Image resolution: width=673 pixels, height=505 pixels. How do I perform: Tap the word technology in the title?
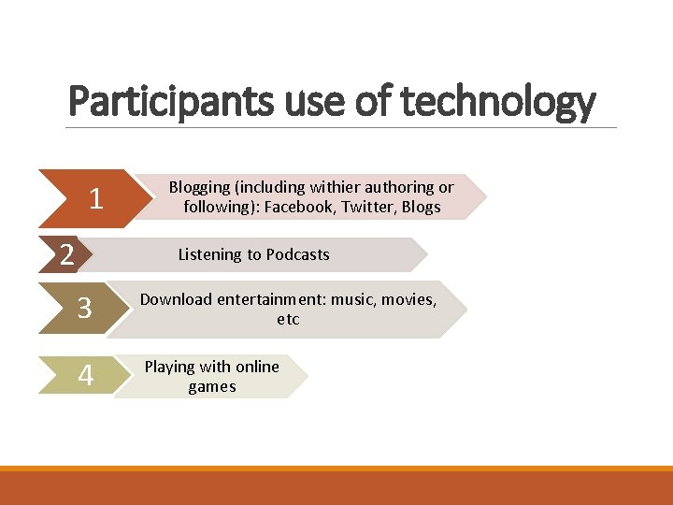tap(499, 102)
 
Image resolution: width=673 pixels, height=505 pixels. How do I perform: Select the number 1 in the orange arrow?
tap(95, 198)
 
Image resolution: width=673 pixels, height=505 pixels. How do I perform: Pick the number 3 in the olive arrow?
tap(84, 309)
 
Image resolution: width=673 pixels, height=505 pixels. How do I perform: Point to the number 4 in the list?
tap(86, 376)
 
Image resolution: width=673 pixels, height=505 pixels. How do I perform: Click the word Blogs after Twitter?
tap(421, 208)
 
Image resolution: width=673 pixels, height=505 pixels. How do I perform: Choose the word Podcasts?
tap(297, 254)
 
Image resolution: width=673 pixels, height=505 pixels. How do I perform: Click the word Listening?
tap(210, 254)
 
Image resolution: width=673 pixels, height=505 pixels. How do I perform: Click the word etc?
tap(288, 320)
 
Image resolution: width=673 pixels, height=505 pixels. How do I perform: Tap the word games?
tap(212, 387)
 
